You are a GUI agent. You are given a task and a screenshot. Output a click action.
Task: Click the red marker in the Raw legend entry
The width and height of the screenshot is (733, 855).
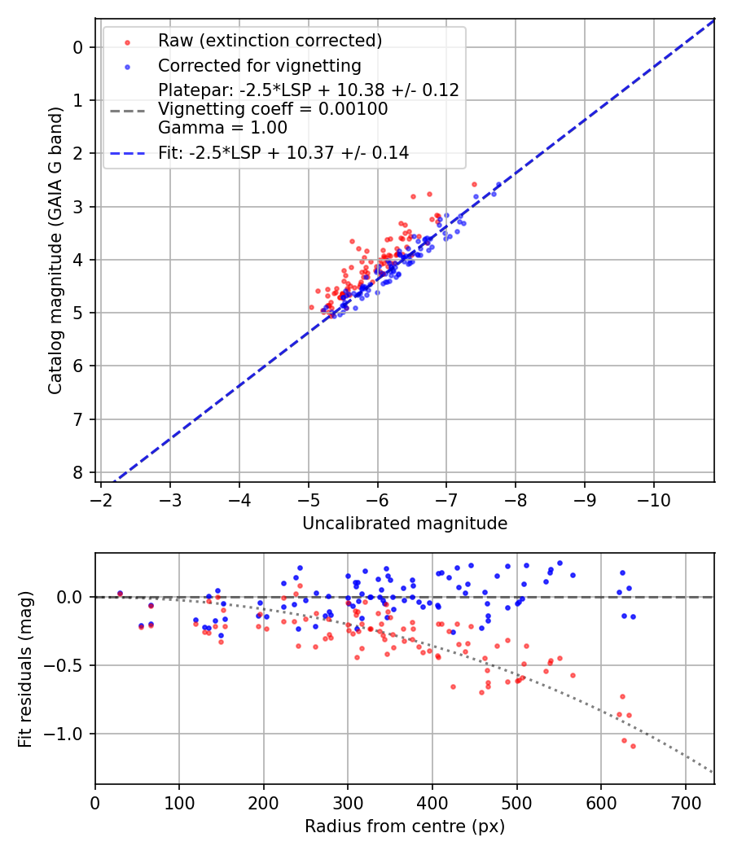(x=127, y=41)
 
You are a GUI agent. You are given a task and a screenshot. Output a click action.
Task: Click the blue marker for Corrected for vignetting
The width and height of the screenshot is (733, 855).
(x=127, y=65)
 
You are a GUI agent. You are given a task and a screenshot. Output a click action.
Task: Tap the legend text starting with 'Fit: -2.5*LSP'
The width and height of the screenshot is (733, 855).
(x=283, y=152)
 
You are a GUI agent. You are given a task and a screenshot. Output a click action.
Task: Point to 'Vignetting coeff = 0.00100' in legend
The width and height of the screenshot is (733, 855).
(x=273, y=109)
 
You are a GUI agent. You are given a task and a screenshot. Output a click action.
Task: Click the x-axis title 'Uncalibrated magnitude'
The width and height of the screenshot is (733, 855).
(x=405, y=524)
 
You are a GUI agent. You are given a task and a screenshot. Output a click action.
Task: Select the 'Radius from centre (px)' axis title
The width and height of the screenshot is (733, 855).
(x=405, y=826)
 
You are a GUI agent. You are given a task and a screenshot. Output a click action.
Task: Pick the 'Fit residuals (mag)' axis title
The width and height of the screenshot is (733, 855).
(x=25, y=669)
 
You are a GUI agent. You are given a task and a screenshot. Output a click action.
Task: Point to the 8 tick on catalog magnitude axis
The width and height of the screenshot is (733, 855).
(x=77, y=473)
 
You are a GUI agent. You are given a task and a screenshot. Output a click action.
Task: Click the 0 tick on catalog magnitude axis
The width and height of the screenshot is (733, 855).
(x=77, y=47)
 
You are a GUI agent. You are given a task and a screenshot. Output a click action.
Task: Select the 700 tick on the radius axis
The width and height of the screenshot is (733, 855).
(x=685, y=801)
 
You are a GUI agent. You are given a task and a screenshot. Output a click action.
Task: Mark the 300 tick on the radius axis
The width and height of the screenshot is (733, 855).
(x=348, y=801)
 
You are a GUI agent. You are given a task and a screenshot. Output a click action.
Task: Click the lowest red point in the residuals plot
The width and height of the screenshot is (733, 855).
(x=633, y=746)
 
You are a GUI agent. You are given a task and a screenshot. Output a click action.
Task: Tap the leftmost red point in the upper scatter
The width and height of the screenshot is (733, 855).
(x=311, y=307)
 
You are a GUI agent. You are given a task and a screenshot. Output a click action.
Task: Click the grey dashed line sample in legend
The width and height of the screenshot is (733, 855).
(x=127, y=109)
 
